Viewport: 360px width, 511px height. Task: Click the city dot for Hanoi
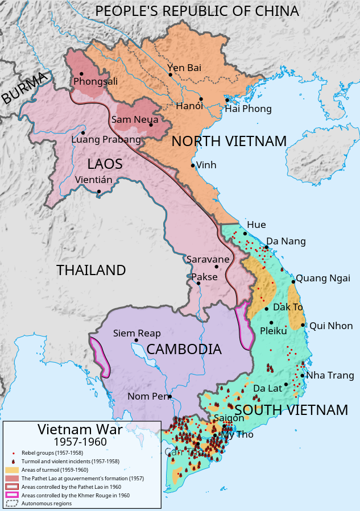pyautogui.click(x=201, y=99)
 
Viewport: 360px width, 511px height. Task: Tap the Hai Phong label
pyautogui.click(x=248, y=109)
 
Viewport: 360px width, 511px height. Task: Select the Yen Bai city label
pyautogui.click(x=184, y=68)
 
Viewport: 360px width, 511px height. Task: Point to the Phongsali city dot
pyautogui.click(x=82, y=73)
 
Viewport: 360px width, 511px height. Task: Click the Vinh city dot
pyautogui.click(x=193, y=165)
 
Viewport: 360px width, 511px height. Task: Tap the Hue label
pyautogui.click(x=256, y=225)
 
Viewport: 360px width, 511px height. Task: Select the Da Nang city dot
pyautogui.click(x=266, y=247)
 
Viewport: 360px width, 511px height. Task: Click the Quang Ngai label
pyautogui.click(x=319, y=278)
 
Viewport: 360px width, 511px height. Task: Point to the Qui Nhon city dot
pyautogui.click(x=304, y=326)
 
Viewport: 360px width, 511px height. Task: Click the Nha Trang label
pyautogui.click(x=330, y=375)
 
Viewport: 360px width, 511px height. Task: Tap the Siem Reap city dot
pyautogui.click(x=136, y=340)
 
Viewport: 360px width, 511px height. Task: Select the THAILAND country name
pyautogui.click(x=91, y=270)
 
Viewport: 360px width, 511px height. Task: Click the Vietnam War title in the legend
pyautogui.click(x=80, y=430)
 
